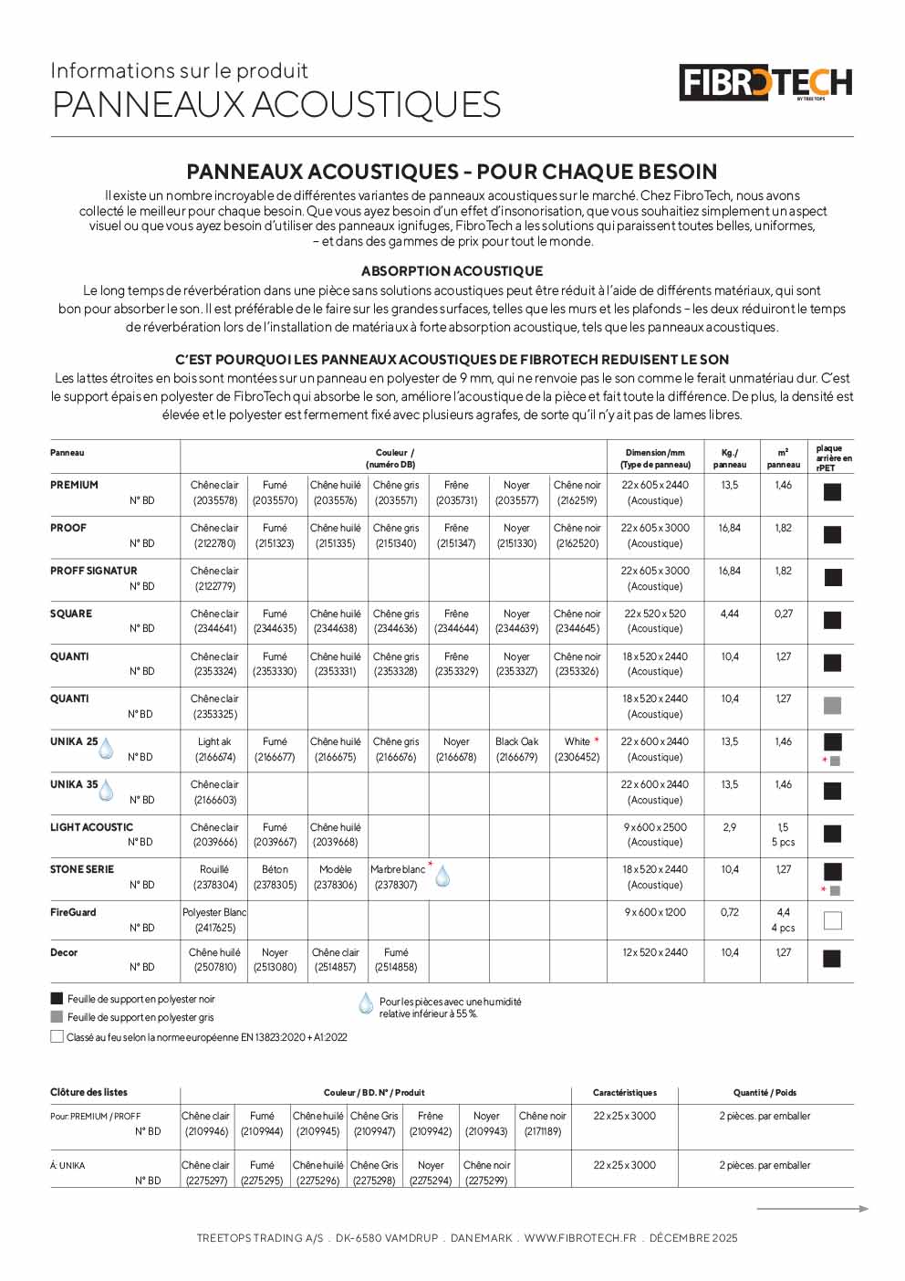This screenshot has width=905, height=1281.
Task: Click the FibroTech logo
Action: (x=765, y=83)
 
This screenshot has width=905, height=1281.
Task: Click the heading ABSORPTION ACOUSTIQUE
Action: (x=452, y=271)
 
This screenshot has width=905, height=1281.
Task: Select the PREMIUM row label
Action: (x=74, y=485)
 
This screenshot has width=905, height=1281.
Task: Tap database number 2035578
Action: (x=214, y=500)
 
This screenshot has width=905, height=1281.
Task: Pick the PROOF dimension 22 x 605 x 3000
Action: (x=655, y=528)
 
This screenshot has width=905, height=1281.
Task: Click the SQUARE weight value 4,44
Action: (x=729, y=614)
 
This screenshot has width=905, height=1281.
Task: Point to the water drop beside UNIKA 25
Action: (x=106, y=749)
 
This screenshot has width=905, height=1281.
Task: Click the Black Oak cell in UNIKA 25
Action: (x=517, y=741)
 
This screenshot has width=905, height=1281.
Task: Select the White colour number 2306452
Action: (x=577, y=757)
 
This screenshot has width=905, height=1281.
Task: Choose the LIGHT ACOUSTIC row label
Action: (x=91, y=827)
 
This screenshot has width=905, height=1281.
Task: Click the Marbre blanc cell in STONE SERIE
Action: (x=398, y=869)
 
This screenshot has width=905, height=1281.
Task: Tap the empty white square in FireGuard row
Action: (x=832, y=920)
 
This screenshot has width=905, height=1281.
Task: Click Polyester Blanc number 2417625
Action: (x=214, y=928)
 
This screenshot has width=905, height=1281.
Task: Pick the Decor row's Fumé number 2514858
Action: (x=396, y=967)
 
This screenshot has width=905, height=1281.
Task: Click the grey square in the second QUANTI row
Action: (x=832, y=706)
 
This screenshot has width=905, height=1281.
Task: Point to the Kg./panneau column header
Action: (x=729, y=458)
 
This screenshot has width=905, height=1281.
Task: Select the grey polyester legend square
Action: (x=57, y=1017)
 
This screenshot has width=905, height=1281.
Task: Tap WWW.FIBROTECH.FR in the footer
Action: (x=580, y=1238)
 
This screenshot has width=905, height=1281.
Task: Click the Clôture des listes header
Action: (x=88, y=1092)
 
